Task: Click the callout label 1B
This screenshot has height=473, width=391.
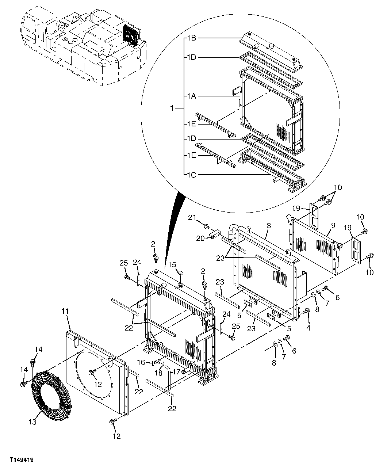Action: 192,38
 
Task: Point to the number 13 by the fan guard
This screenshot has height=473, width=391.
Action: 32,422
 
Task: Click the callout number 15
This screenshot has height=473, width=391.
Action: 172,264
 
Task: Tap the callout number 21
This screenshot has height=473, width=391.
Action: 192,218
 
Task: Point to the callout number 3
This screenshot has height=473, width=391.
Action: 268,226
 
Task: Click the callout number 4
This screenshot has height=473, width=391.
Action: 308,328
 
